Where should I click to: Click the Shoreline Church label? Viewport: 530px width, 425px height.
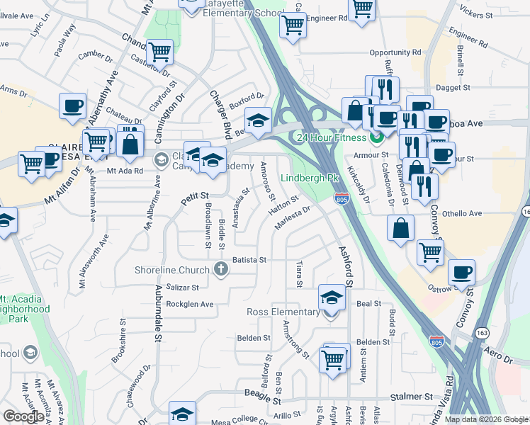point(172,270)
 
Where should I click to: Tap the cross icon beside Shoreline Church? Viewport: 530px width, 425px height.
point(221,269)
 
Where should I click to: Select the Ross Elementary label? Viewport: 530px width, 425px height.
point(283,312)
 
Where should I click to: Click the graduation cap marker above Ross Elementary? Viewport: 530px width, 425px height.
point(331,297)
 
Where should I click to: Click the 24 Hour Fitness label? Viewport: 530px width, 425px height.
point(331,137)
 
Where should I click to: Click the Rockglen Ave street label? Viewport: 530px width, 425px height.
point(190,305)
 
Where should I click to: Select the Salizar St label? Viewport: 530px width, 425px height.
point(184,288)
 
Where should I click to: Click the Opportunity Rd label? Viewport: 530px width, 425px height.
point(395,53)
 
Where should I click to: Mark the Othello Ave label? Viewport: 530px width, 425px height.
point(461,212)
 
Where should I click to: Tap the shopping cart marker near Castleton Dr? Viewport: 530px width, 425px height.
point(160,52)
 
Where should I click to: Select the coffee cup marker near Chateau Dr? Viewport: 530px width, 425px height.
point(72,106)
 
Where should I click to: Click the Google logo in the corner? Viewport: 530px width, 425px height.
point(23,416)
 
